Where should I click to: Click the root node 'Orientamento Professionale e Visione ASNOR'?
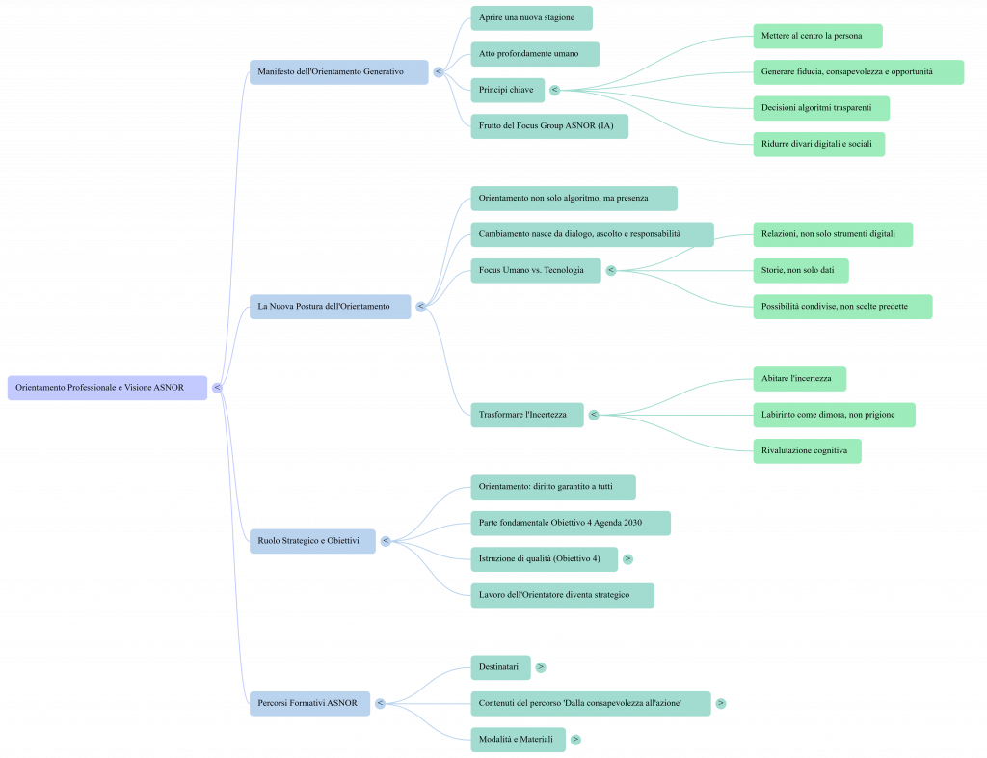[107, 387]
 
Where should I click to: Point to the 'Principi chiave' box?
[507, 90]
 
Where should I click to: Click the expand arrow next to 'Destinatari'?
[541, 666]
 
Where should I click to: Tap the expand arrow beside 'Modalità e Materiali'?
[575, 740]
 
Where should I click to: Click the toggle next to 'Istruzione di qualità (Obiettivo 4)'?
[627, 558]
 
